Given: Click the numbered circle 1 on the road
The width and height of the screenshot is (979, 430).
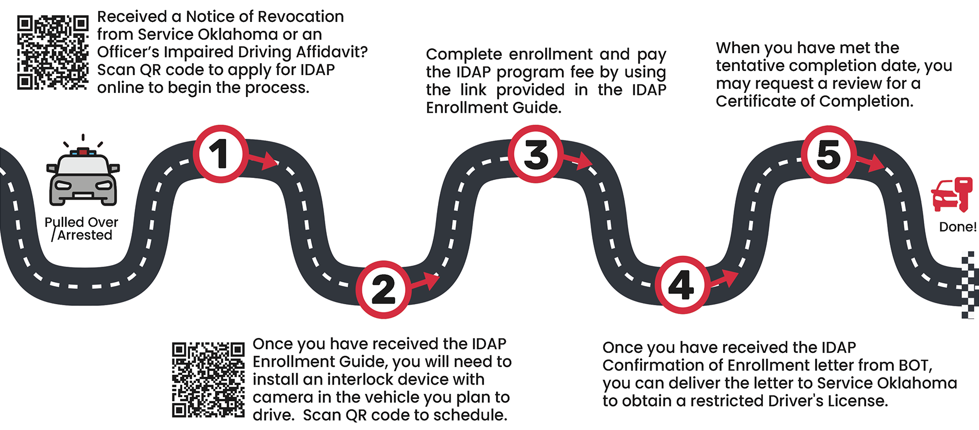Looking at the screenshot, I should click(x=221, y=154).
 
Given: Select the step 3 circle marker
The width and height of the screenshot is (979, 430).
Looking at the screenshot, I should click(x=536, y=154).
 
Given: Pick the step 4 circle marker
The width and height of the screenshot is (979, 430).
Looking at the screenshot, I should click(x=682, y=285).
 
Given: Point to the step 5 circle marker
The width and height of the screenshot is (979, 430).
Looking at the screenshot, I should click(x=829, y=154).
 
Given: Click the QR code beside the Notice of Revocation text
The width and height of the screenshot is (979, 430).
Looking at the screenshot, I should click(x=53, y=52).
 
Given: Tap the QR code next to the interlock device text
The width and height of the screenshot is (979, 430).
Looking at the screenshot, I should click(x=208, y=380).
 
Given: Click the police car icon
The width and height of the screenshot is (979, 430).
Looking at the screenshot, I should click(x=83, y=176).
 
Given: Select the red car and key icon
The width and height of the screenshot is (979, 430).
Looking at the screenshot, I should click(x=952, y=195).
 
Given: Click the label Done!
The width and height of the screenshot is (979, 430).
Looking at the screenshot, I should click(x=958, y=227).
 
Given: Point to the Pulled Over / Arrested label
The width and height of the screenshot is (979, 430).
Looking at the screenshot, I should click(x=81, y=229).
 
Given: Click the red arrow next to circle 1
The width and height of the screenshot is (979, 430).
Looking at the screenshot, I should click(x=265, y=160).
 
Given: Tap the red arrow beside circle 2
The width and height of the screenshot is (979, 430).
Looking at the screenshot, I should click(x=427, y=281).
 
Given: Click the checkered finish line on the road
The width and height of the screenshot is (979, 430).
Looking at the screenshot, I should click(x=970, y=284).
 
